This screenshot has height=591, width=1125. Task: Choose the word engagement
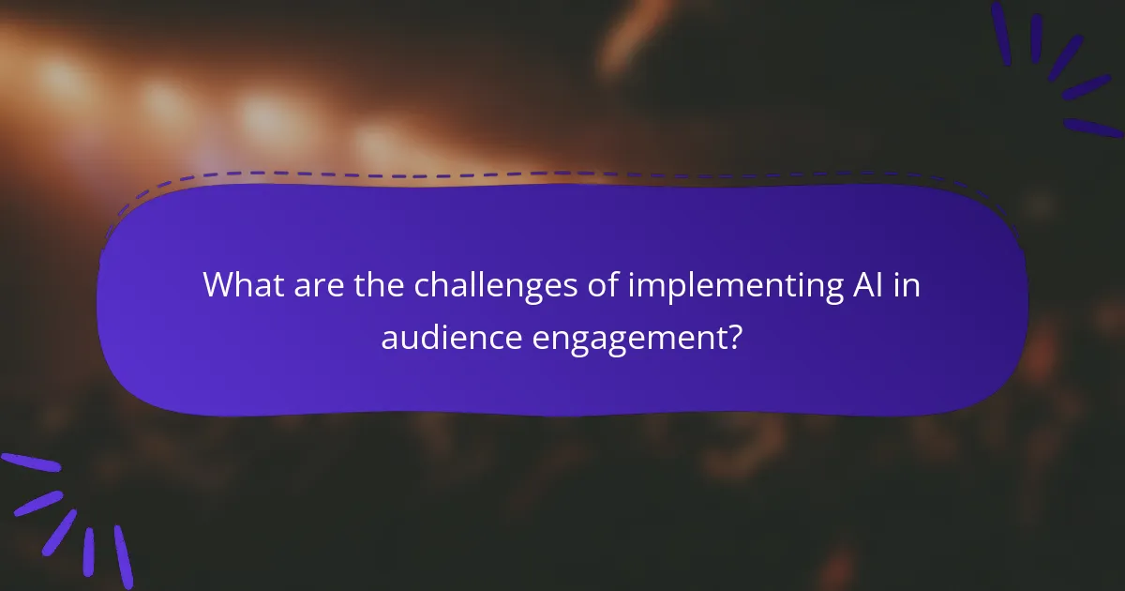(627, 337)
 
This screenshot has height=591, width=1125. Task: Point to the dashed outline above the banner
(562, 174)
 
